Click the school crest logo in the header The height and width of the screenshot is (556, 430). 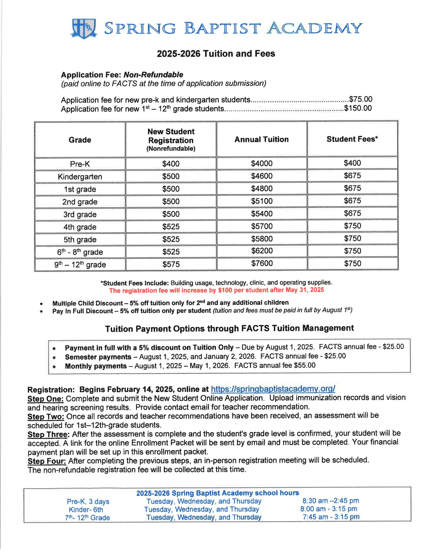click(x=84, y=28)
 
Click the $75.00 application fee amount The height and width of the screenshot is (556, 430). click(x=360, y=99)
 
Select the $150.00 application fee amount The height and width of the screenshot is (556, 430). click(x=358, y=108)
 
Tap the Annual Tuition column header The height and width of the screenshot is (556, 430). click(x=261, y=139)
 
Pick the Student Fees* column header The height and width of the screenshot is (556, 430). click(x=352, y=139)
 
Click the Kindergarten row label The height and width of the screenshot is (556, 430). click(x=80, y=177)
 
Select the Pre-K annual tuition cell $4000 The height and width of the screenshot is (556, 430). click(x=262, y=163)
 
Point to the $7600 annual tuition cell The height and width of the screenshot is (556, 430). click(x=262, y=263)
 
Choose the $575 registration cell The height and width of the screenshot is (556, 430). click(x=171, y=264)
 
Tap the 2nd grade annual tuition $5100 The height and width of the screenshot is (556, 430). click(x=262, y=201)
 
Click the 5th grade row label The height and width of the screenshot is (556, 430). click(x=80, y=239)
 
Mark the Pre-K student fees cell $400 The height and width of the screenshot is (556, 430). click(x=352, y=163)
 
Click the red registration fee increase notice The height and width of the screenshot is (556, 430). click(x=216, y=290)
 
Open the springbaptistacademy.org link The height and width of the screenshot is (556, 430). click(x=273, y=389)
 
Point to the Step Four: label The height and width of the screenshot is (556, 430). click(x=47, y=461)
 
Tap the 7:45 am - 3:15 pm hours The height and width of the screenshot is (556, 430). click(x=331, y=517)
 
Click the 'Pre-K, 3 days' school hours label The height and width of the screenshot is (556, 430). click(x=88, y=502)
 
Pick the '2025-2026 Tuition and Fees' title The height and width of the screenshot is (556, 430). click(x=216, y=54)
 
